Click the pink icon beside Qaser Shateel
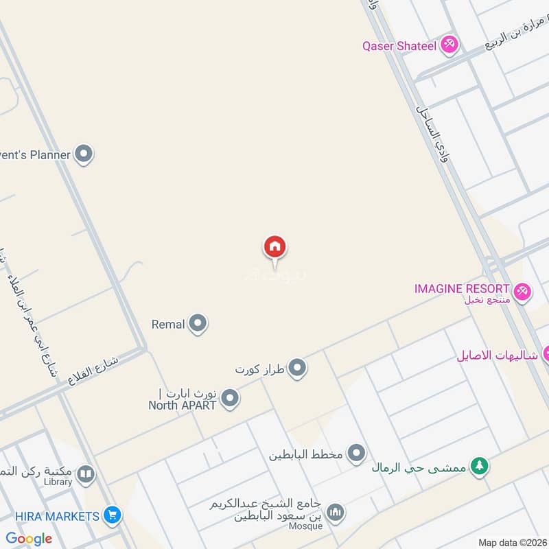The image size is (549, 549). pyautogui.click(x=449, y=45)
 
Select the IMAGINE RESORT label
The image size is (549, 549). pyautogui.click(x=462, y=289)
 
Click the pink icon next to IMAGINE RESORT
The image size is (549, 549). pyautogui.click(x=523, y=292)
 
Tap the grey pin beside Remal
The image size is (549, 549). pyautogui.click(x=198, y=323)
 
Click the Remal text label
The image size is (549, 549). pyautogui.click(x=168, y=324)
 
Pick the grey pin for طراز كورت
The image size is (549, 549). pyautogui.click(x=296, y=369)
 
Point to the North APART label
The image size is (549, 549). pyautogui.click(x=183, y=405)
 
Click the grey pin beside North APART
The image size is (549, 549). pyautogui.click(x=230, y=398)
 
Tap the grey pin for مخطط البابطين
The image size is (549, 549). pyautogui.click(x=356, y=453)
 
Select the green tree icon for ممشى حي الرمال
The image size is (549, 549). pyautogui.click(x=480, y=466)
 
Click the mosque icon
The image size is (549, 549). pyautogui.click(x=335, y=512)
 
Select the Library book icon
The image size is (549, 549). pyautogui.click(x=86, y=474)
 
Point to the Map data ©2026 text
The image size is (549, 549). pyautogui.click(x=511, y=542)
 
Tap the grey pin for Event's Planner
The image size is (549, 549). pyautogui.click(x=84, y=154)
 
